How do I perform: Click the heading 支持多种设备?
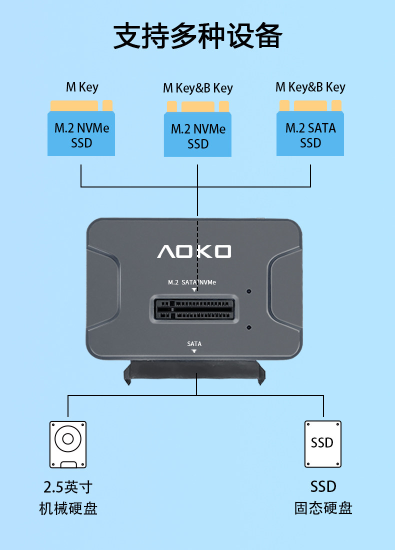tap(197, 36)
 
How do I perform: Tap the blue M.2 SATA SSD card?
tap(310, 133)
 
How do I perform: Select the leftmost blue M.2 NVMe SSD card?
tap(81, 133)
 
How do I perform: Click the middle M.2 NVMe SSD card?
tap(198, 135)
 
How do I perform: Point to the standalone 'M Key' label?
tap(82, 87)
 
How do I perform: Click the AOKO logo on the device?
tap(194, 251)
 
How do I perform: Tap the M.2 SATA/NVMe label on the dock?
tap(192, 282)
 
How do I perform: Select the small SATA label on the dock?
tap(194, 344)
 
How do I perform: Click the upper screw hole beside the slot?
tap(249, 291)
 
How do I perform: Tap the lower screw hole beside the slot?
tap(249, 327)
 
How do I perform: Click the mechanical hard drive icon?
tap(67, 444)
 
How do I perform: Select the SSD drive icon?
tap(323, 444)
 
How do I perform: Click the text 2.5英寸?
tap(68, 486)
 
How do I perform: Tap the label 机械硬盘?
tap(68, 508)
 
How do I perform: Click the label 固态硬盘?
tap(323, 508)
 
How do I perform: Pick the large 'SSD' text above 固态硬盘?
tap(323, 486)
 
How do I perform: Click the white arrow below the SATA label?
tap(194, 351)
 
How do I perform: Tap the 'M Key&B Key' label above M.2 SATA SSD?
tap(310, 87)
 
